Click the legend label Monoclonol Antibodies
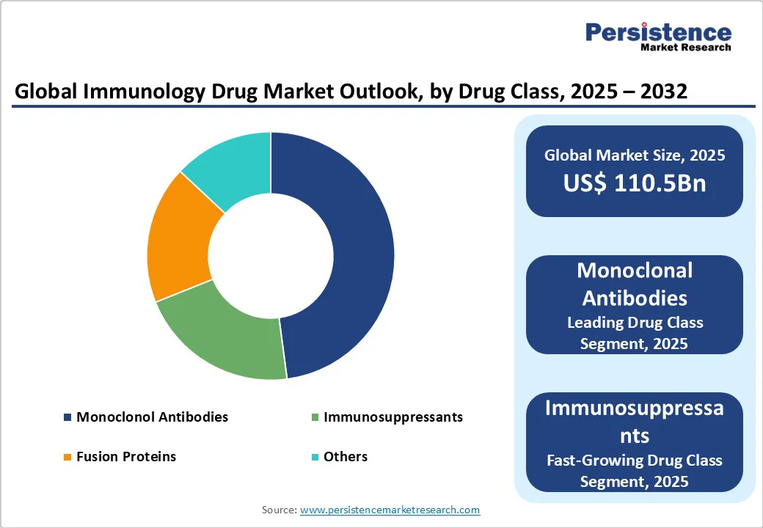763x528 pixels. tap(152, 417)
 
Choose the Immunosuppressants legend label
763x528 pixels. tap(393, 417)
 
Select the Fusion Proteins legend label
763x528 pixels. tap(126, 456)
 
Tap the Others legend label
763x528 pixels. tap(345, 456)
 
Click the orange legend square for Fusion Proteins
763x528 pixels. tap(67, 457)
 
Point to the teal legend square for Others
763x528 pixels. tap(315, 457)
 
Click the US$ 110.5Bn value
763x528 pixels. tap(635, 183)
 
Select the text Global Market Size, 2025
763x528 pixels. tap(635, 155)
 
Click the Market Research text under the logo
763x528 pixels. tap(686, 48)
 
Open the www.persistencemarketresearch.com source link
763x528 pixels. tap(390, 509)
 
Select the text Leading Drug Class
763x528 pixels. tap(635, 322)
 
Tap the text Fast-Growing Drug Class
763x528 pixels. tap(635, 460)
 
